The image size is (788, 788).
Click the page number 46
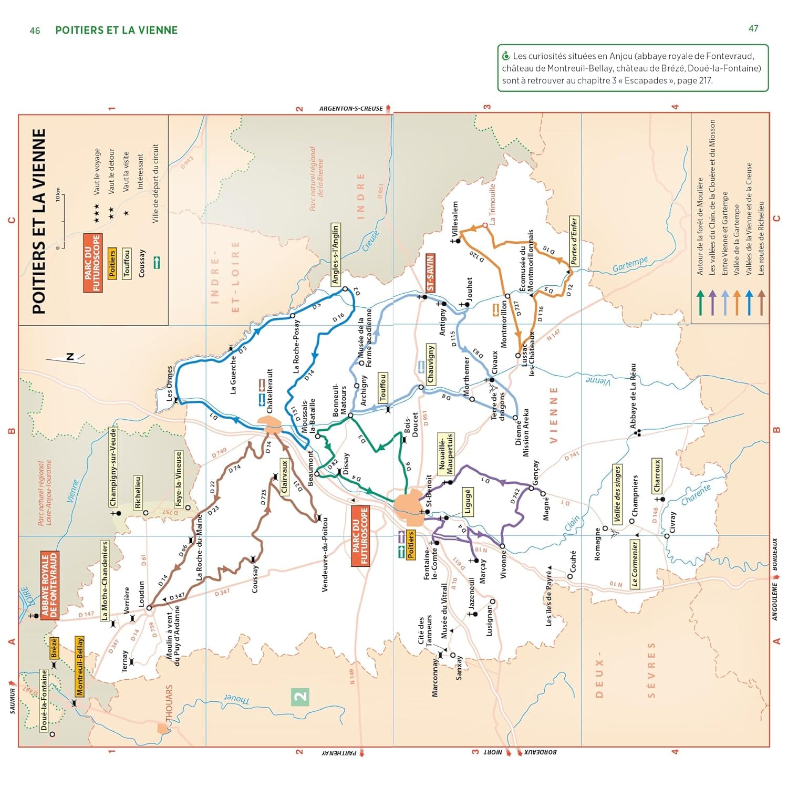tap(35, 30)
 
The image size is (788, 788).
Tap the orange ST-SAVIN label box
tap(430, 273)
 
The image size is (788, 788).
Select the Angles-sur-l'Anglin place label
tap(335, 254)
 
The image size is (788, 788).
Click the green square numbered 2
tap(300, 697)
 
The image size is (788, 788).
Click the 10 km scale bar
tap(62, 221)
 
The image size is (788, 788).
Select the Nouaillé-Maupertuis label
tap(445, 453)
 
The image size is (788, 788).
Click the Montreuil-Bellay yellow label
tap(80, 666)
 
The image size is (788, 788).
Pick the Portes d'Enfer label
tap(574, 241)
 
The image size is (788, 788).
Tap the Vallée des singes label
tap(617, 494)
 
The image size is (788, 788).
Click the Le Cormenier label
tap(635, 565)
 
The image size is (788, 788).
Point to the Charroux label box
tap(657, 476)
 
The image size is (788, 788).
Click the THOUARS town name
tap(169, 704)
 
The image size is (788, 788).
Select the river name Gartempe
tap(630, 265)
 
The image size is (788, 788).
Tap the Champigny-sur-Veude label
tap(112, 467)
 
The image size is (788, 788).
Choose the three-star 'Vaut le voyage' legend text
tap(97, 172)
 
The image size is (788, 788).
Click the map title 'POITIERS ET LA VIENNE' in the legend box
tap(39, 221)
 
